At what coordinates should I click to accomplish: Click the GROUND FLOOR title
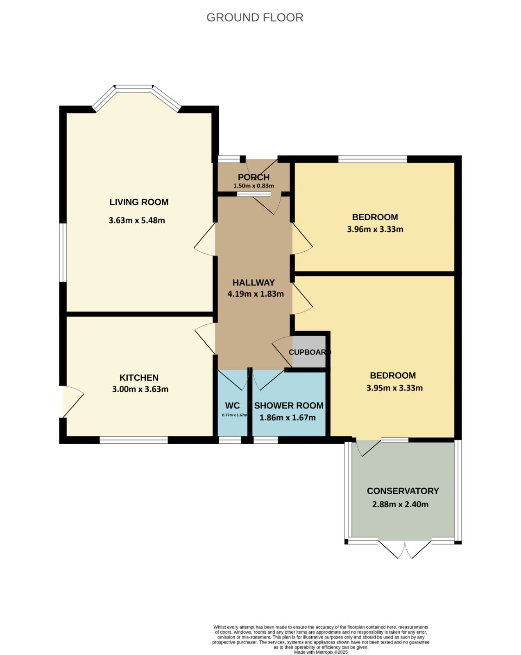(255, 18)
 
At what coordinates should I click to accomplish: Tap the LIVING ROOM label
(139, 202)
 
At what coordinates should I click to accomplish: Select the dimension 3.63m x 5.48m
(137, 220)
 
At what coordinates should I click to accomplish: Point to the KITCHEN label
(139, 377)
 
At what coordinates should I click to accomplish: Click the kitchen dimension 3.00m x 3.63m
(140, 389)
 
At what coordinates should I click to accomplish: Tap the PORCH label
(254, 177)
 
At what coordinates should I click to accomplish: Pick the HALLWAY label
(254, 282)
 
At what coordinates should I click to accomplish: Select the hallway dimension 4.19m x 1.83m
(256, 294)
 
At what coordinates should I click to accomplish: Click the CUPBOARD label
(310, 352)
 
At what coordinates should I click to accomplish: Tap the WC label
(232, 405)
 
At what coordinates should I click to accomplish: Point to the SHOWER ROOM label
(289, 405)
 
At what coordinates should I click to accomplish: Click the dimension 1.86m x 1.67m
(288, 417)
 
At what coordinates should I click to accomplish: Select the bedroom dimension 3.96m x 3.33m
(375, 229)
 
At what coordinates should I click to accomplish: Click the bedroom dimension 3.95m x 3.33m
(394, 388)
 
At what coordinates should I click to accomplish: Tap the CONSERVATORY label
(403, 491)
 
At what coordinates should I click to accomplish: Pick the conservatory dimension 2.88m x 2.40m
(400, 504)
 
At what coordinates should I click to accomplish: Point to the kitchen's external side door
(73, 401)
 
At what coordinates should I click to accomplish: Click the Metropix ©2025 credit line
(321, 652)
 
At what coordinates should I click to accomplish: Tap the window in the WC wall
(230, 440)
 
